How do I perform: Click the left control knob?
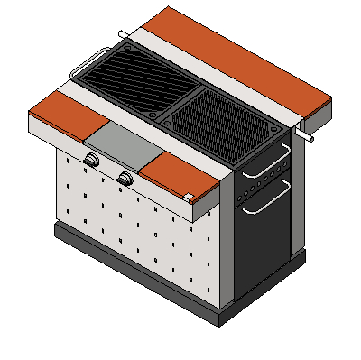pos(92,160)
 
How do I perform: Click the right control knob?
pos(125,179)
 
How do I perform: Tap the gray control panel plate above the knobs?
pos(121,143)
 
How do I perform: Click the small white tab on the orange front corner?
pos(188,197)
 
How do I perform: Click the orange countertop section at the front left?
pos(68,110)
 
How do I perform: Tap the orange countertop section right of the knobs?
pos(180,176)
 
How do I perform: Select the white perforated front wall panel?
pos(135,226)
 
